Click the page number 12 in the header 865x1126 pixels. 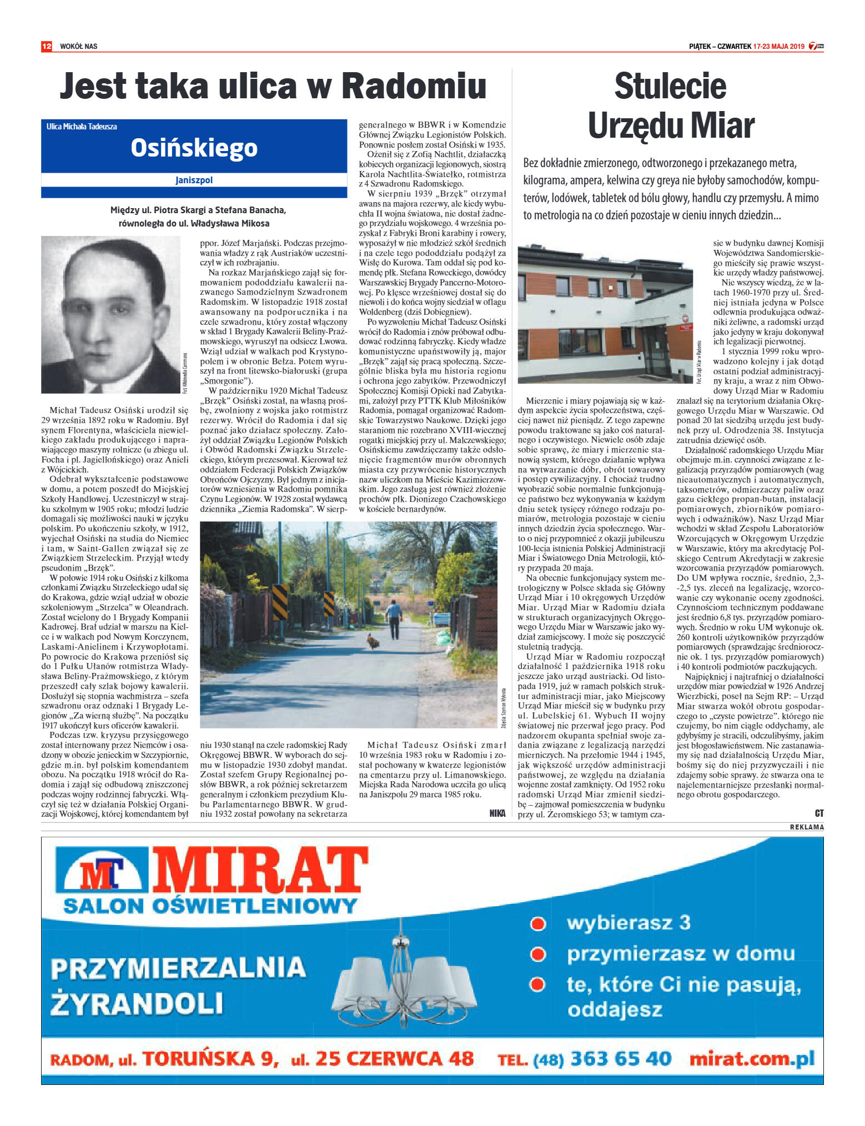(47, 46)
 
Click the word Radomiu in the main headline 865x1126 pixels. (414, 86)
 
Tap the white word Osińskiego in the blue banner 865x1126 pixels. (194, 148)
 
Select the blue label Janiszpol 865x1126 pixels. (194, 180)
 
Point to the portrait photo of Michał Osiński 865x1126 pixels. (110, 314)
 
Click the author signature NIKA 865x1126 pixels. (497, 813)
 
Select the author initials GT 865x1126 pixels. (819, 813)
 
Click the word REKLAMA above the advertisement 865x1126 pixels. (807, 827)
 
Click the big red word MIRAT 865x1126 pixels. (260, 870)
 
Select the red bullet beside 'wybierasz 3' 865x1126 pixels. (537, 924)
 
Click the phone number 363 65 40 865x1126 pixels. (621, 1059)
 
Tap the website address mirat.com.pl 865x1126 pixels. (752, 1059)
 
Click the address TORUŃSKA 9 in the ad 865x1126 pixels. (210, 1059)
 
